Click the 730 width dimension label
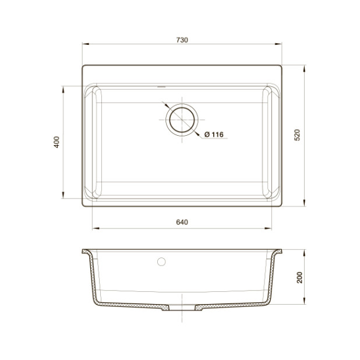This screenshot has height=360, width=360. click(182, 40)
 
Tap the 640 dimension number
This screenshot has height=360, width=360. click(182, 222)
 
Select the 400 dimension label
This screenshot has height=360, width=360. click(57, 142)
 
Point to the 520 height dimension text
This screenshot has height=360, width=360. click(297, 135)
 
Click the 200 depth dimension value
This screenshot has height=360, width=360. click(299, 278)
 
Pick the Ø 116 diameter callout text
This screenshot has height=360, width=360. click(214, 135)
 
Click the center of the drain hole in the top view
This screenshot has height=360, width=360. click(182, 119)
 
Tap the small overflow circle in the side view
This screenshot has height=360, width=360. click(161, 262)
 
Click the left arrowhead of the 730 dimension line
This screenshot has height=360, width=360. click(86, 44)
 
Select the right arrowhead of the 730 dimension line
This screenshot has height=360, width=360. click(278, 44)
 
